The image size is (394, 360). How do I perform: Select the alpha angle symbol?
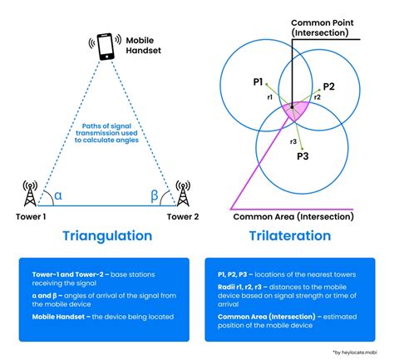coord(57,195)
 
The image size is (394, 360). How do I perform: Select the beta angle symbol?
coord(155,195)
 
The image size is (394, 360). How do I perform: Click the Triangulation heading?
coord(107,235)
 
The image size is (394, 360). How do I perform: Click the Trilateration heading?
coord(289,235)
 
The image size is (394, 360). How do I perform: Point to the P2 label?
coord(328,86)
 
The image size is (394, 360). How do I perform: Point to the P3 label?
coord(303,156)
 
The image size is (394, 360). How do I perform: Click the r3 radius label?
coord(293,141)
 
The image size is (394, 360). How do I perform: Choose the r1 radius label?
coord(270,96)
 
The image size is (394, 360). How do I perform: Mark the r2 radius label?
coord(317,96)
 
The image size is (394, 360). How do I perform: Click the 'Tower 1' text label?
coord(32,216)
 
